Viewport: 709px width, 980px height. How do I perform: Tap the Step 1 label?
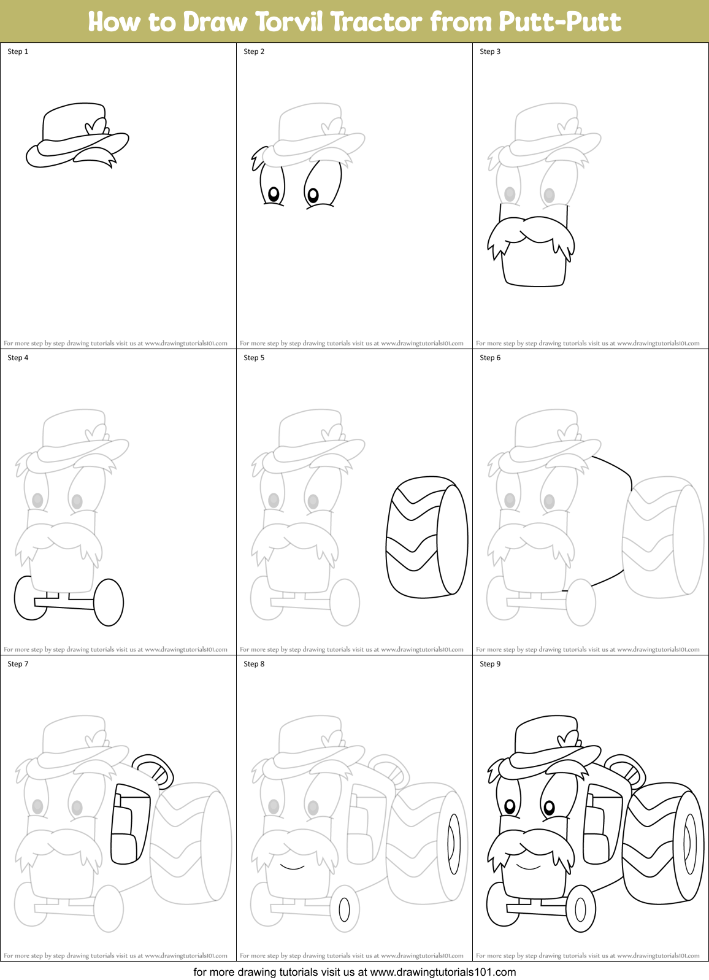18,52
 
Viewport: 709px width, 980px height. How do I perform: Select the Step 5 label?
254,358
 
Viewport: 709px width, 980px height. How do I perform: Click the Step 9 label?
490,664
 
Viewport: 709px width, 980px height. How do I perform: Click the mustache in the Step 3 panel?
531,236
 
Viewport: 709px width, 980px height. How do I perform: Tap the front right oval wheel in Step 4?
109,602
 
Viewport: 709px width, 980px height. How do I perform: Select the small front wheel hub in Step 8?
344,909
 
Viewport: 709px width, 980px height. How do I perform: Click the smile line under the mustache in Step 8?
293,866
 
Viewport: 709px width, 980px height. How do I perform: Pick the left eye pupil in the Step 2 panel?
274,195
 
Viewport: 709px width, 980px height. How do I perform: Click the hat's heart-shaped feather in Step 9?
568,738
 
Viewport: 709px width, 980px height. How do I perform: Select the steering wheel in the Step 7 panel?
153,770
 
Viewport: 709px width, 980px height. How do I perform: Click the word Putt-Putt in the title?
559,22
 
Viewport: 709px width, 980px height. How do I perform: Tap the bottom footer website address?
443,972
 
